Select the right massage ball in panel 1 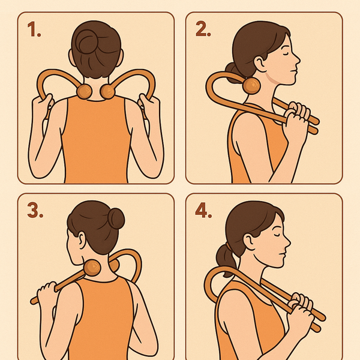pos(109,91)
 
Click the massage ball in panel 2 pos(252,86)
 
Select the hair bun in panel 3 pos(115,218)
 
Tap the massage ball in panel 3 pos(92,267)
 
